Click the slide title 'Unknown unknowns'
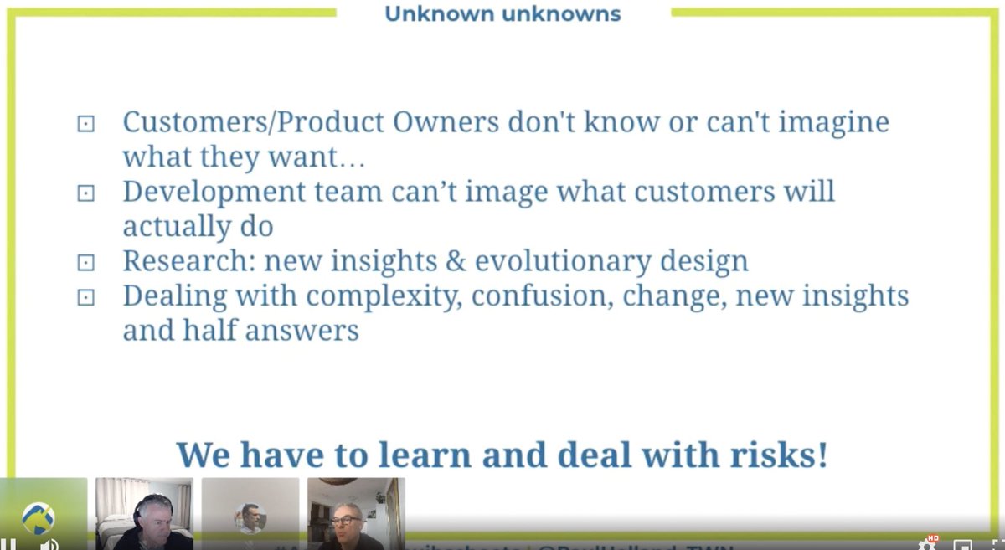(x=502, y=14)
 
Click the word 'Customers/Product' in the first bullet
(x=229, y=122)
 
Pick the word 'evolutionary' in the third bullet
(x=560, y=261)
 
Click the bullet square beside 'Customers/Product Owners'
(x=85, y=124)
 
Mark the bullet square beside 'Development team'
(x=85, y=193)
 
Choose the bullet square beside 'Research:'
(x=85, y=263)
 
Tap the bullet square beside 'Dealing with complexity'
(x=85, y=297)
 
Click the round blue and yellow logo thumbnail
(x=39, y=517)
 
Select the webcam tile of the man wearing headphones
(x=144, y=513)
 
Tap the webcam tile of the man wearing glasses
(x=356, y=513)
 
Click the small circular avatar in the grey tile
(x=250, y=517)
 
